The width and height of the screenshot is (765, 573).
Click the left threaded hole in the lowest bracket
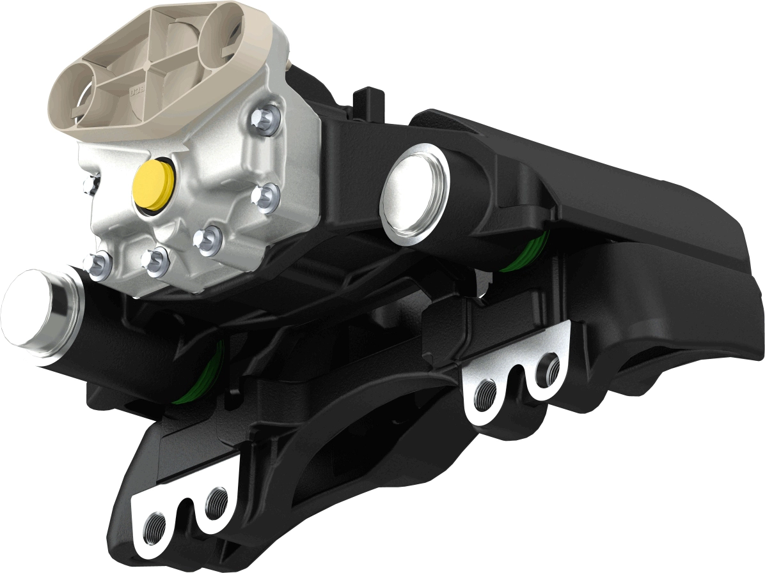pos(155,524)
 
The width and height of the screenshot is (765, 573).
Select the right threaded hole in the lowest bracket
pos(216,500)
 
